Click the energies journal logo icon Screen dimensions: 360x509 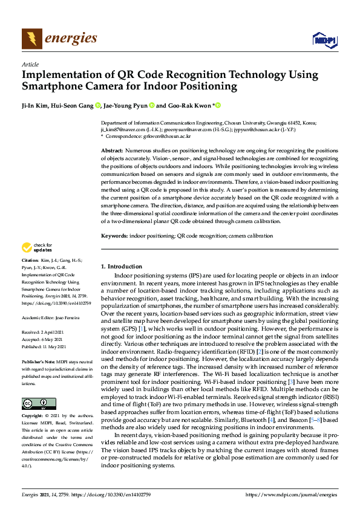pyautogui.click(x=32, y=39)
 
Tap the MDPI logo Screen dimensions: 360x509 pyautogui.click(x=324, y=40)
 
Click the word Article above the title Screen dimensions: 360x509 pyautogui.click(x=30, y=65)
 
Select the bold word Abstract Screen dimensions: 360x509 pyautogui.click(x=111, y=150)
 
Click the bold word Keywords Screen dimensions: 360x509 pyautogui.click(x=114, y=235)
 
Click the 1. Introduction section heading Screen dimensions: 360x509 pyautogui.click(x=121, y=267)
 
